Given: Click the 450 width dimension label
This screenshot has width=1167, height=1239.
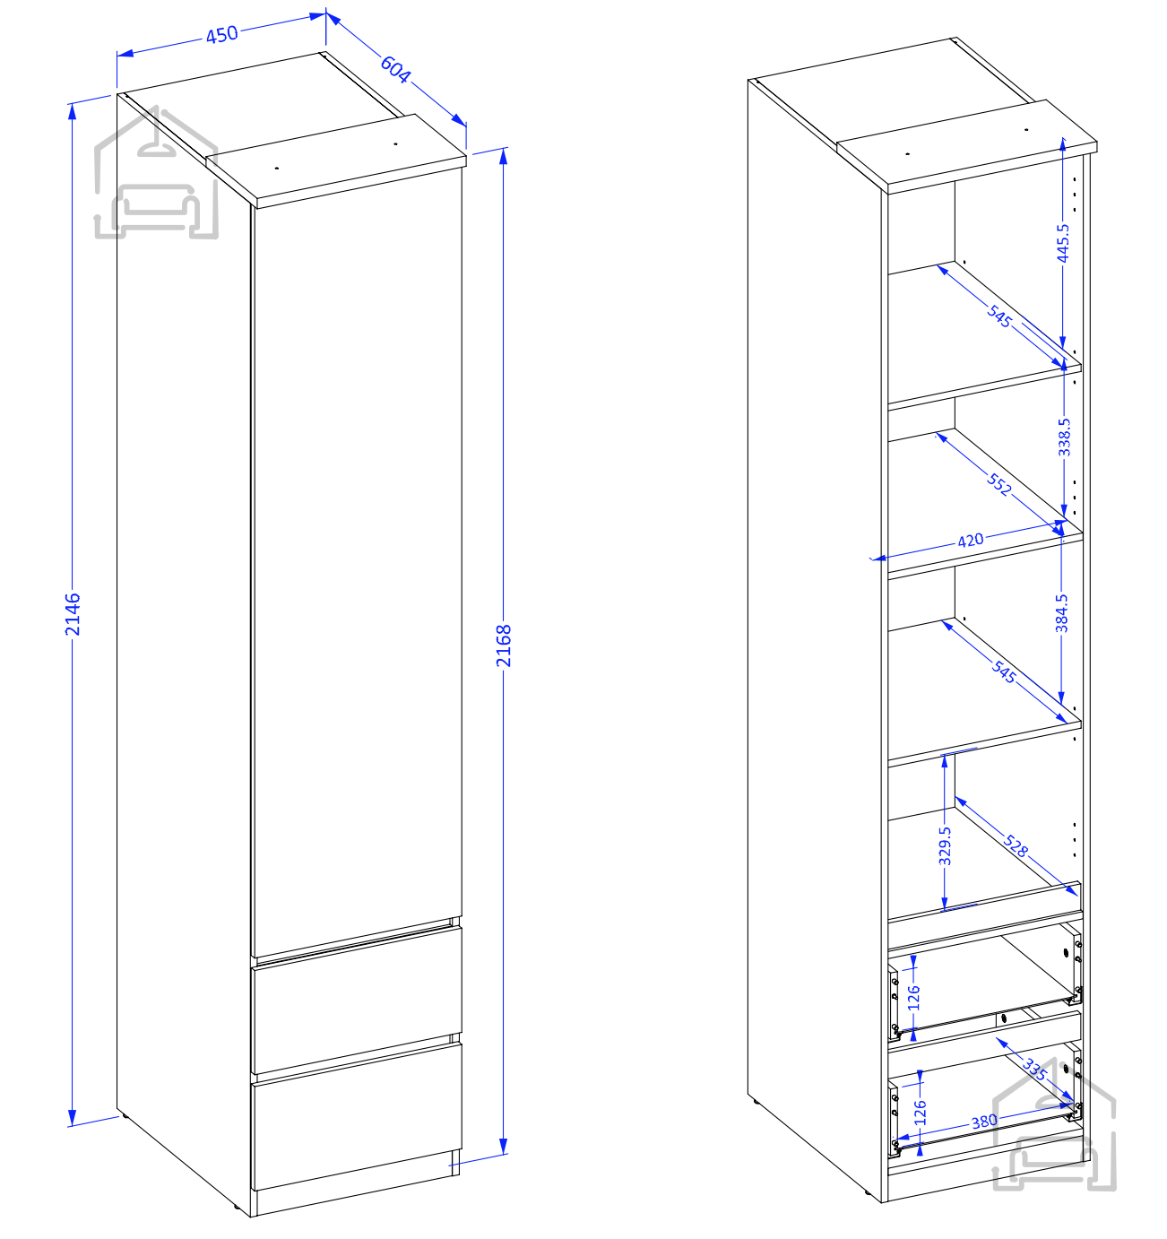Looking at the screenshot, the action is [x=222, y=34].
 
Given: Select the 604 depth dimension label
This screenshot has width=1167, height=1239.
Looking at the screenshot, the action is [x=395, y=69].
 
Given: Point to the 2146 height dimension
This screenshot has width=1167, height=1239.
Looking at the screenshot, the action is [x=73, y=614].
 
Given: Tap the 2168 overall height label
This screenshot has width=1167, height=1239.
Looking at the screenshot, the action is [x=504, y=645].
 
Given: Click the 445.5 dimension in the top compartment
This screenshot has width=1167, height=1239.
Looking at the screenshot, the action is [x=1063, y=243].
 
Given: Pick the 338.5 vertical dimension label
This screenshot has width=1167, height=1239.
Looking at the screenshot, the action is [x=1064, y=437].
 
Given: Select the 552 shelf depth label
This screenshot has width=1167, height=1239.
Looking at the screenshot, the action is [x=999, y=484].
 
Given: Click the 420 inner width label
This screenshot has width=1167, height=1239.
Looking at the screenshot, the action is [x=971, y=541].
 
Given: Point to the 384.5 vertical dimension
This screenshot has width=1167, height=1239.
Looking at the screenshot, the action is [x=1061, y=613].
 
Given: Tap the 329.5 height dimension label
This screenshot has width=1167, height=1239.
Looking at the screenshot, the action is [x=945, y=846].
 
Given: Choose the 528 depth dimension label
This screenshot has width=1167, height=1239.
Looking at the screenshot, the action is [x=1016, y=845].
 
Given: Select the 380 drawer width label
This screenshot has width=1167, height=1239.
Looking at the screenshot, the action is [x=984, y=1121].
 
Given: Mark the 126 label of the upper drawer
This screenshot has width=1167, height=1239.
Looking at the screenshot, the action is [x=913, y=998].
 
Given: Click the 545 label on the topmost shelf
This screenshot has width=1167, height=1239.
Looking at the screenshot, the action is [x=999, y=316].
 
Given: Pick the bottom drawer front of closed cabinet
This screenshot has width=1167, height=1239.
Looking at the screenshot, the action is [x=357, y=1116].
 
